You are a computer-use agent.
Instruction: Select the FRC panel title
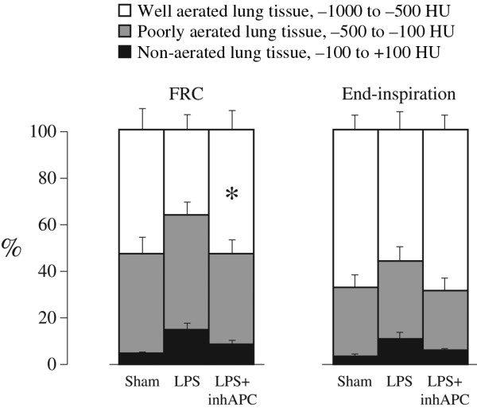tap(185, 93)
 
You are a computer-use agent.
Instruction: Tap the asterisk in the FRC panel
tap(232, 194)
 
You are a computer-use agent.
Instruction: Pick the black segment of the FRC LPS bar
tap(186, 347)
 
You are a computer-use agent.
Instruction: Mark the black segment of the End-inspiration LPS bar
tap(399, 352)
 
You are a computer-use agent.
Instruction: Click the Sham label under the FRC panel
tap(141, 380)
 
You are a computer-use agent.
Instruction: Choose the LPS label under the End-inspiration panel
tap(399, 380)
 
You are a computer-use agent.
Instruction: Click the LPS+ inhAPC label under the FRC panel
tap(231, 387)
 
